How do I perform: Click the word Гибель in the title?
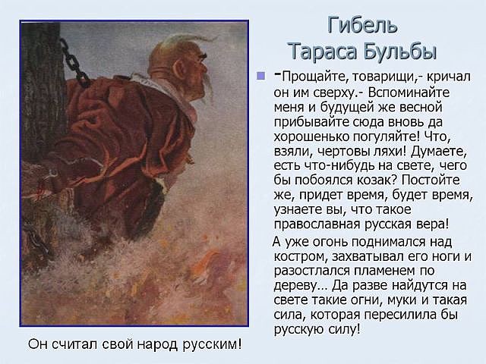[362, 24]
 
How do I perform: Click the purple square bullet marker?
[261, 76]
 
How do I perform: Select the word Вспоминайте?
[409, 93]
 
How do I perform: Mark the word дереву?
[296, 286]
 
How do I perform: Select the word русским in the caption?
[211, 344]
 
